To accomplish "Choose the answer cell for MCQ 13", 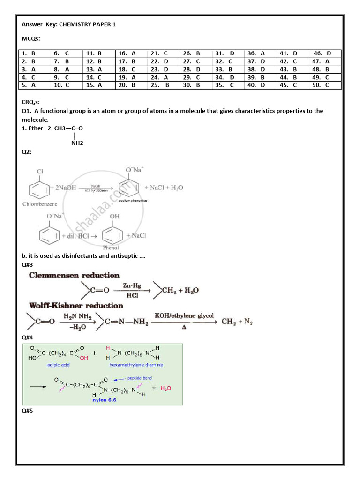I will [99, 69].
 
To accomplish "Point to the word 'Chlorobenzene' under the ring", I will [39, 204].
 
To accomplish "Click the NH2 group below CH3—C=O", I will [77, 143].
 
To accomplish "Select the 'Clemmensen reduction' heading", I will [74, 275].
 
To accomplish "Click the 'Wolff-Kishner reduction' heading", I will [76, 306].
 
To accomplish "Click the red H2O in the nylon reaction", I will [166, 388].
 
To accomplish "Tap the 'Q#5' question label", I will [27, 411].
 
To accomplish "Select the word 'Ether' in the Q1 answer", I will [36, 128].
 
